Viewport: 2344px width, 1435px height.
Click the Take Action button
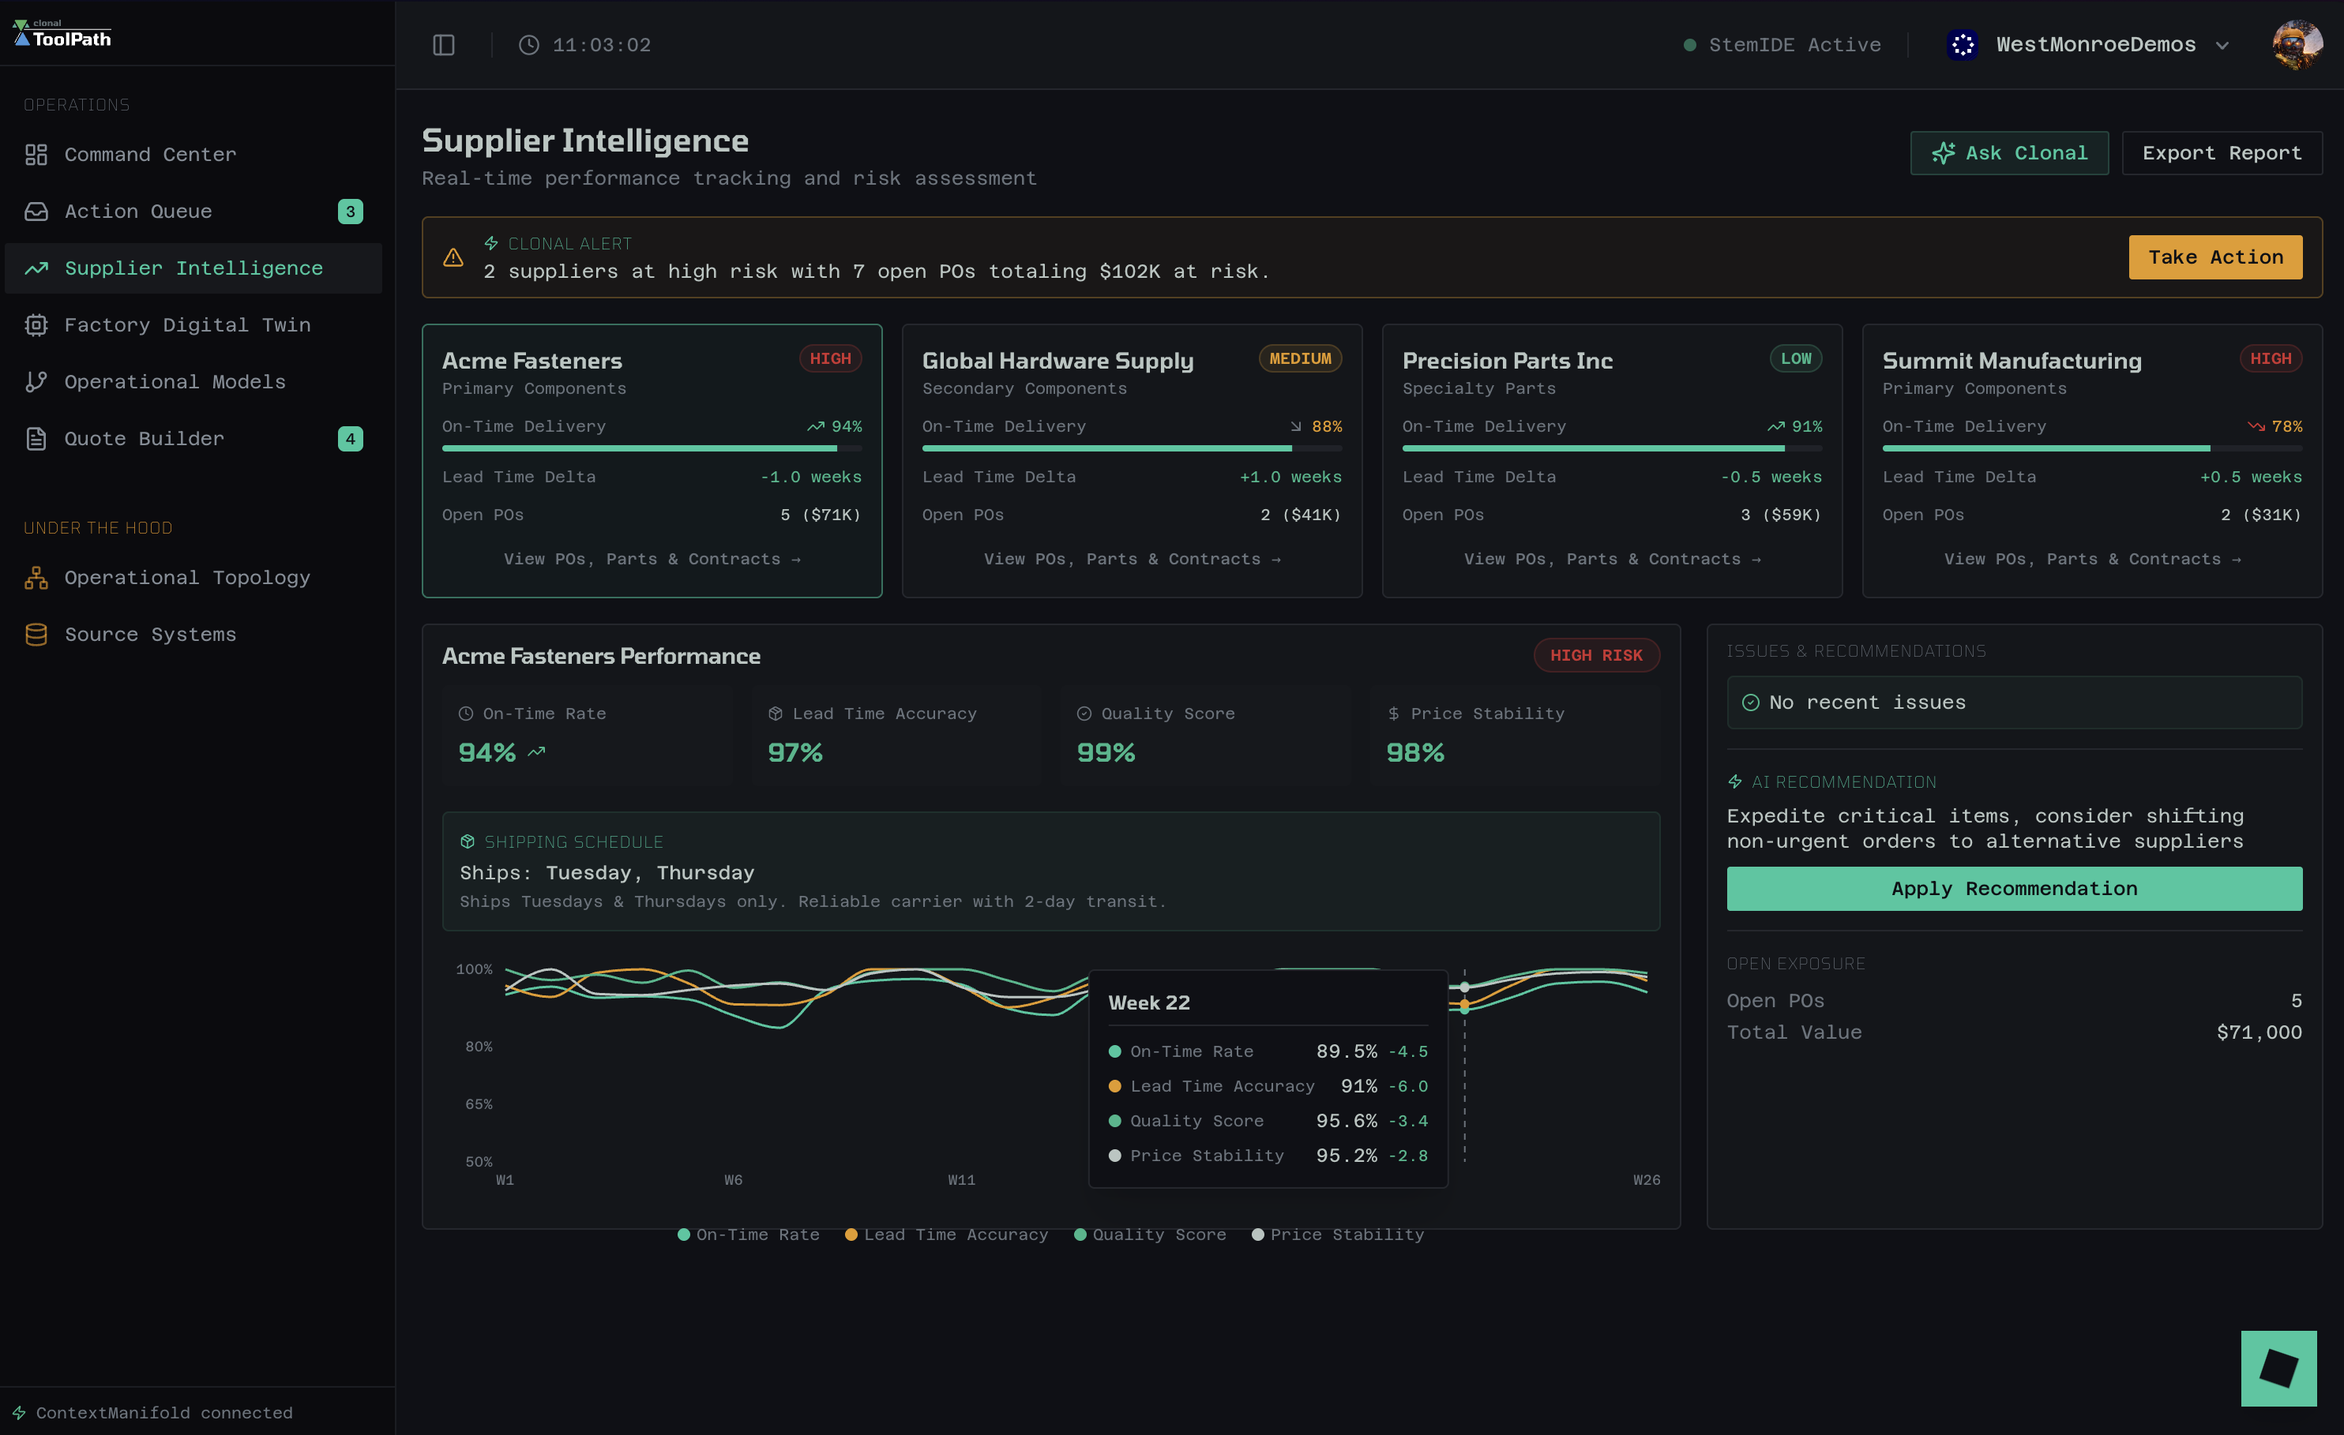(2214, 257)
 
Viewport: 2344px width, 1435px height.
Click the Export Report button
(2222, 153)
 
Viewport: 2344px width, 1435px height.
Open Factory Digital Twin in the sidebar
(186, 325)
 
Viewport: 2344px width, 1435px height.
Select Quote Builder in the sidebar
(144, 438)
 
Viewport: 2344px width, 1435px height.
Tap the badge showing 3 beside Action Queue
(350, 211)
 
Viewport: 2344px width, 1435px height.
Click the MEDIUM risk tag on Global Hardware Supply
(1299, 358)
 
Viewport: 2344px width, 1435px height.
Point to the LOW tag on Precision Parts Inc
(1795, 358)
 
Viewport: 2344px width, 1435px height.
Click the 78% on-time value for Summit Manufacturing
(2287, 426)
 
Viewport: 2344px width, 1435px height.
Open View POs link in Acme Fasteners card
(652, 559)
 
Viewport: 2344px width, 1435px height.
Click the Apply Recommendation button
(2014, 888)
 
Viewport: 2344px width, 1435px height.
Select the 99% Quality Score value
(1106, 752)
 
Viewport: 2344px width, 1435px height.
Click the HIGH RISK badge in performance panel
(1595, 655)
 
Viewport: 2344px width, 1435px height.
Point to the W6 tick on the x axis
(733, 1180)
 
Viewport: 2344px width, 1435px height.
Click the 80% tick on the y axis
(479, 1046)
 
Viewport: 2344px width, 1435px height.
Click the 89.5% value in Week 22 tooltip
(1346, 1051)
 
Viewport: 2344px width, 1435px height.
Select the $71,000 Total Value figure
(2259, 1032)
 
